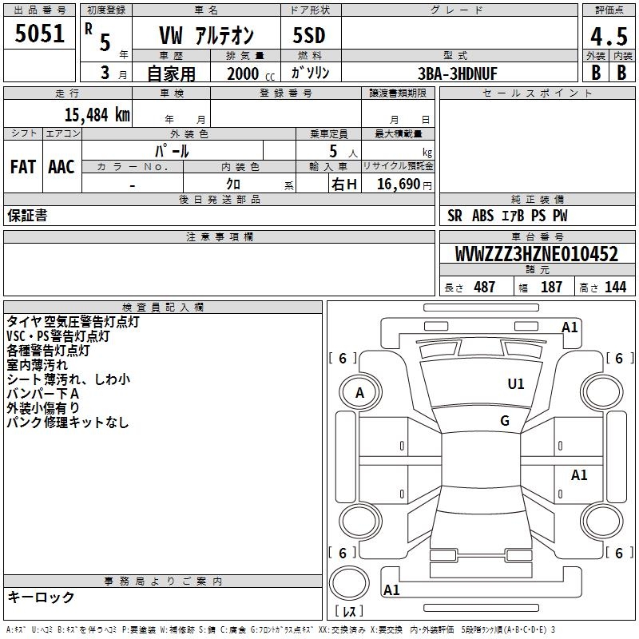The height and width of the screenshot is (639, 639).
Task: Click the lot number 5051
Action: click(39, 34)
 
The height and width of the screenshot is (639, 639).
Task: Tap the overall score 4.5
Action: click(609, 37)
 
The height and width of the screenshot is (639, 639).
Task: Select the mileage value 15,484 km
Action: click(97, 115)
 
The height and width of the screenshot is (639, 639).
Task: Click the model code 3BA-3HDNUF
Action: click(458, 73)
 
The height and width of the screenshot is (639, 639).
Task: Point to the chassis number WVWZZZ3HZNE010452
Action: click(536, 254)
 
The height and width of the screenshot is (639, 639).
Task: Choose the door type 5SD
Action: click(309, 35)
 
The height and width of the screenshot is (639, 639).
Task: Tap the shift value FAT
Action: click(23, 167)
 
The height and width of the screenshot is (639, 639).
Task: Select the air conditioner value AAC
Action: click(62, 167)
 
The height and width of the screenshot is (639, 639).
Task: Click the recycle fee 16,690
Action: click(399, 185)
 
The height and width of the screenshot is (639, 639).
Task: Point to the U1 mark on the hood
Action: click(516, 384)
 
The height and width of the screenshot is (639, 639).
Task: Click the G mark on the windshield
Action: click(505, 421)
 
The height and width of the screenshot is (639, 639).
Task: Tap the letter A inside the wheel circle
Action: click(359, 393)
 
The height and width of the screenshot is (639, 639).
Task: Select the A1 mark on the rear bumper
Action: click(391, 590)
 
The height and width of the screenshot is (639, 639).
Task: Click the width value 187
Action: click(551, 287)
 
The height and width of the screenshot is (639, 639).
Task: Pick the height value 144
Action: click(615, 287)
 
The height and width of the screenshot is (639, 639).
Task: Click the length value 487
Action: click(485, 287)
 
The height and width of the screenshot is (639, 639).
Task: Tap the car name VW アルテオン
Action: click(206, 35)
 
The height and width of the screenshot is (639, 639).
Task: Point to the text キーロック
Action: click(41, 597)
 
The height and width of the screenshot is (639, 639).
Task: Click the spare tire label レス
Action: click(349, 611)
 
